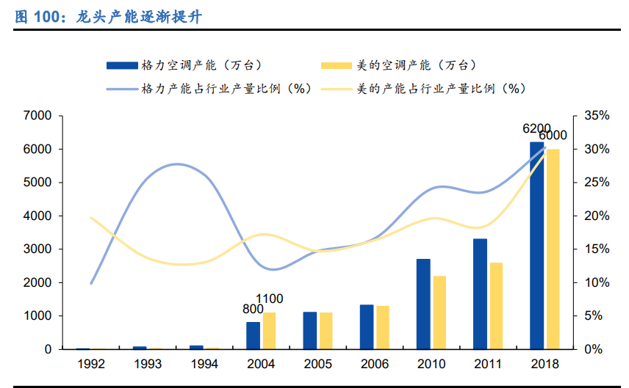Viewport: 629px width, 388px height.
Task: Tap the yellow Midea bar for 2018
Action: (553, 249)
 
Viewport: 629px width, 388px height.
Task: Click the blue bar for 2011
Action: (480, 294)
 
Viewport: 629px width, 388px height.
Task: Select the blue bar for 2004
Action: (253, 336)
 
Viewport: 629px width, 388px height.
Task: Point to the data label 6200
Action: (536, 129)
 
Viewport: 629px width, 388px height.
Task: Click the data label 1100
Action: (268, 299)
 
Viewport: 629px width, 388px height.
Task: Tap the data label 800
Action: (253, 309)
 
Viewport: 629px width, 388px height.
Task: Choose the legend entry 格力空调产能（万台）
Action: (184, 65)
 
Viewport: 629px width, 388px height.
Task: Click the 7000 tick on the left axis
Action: (37, 116)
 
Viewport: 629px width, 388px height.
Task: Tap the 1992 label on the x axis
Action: (90, 364)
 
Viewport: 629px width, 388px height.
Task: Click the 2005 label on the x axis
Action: (318, 364)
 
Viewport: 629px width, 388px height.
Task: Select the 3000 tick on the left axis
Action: (37, 249)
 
